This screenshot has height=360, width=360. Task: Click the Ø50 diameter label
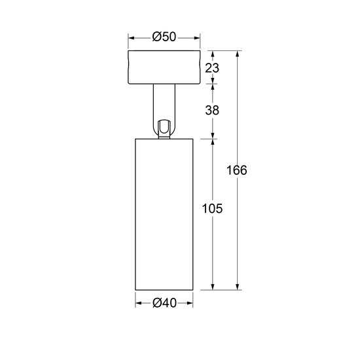tap(164, 37)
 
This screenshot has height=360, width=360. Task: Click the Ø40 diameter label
tap(164, 303)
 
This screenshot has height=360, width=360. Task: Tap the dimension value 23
tap(211, 67)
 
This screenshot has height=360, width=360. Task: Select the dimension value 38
tap(211, 110)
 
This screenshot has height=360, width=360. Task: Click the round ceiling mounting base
tap(164, 67)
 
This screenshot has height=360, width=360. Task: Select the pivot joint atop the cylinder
tap(164, 128)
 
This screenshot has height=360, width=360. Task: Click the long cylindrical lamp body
tap(164, 213)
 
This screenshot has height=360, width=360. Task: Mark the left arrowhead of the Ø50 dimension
tap(132, 37)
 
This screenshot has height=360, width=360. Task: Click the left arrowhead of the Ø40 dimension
tap(138, 303)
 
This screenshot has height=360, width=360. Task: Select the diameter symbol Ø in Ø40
tap(156, 303)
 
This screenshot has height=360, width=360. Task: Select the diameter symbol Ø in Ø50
tap(156, 37)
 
